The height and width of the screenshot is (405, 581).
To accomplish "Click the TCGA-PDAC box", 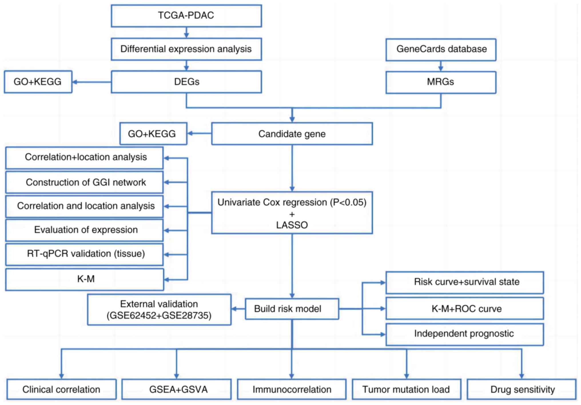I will click(186, 15).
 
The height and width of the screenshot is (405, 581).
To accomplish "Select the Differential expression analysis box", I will click(186, 49).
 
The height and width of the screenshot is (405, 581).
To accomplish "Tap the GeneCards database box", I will click(441, 49).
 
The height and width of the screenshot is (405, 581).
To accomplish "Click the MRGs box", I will click(441, 82).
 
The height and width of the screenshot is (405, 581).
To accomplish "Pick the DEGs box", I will click(186, 82).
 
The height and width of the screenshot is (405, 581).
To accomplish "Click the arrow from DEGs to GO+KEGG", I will click(91, 82).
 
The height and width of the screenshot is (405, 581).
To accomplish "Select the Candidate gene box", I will click(292, 134).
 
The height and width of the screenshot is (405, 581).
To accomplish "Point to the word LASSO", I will click(292, 225).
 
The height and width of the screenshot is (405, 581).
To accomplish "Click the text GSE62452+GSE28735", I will click(159, 315).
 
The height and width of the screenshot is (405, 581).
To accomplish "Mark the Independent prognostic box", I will click(465, 334).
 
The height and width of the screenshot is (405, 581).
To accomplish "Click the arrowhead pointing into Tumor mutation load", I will click(407, 376).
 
